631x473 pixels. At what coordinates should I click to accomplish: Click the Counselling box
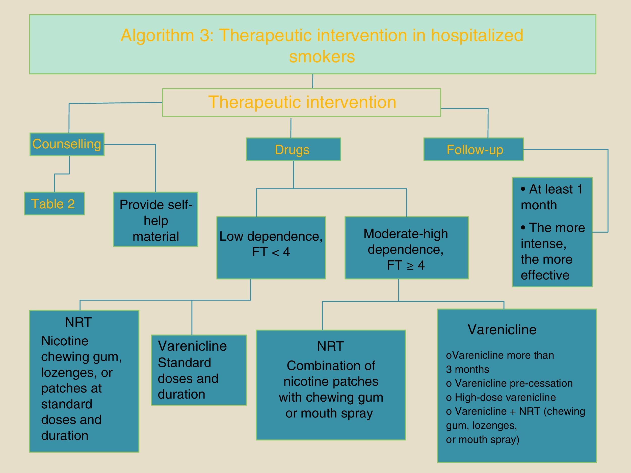pyautogui.click(x=67, y=144)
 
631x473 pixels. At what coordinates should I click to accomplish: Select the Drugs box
pyautogui.click(x=293, y=150)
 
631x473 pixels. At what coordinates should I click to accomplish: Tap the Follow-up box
pyautogui.click(x=474, y=150)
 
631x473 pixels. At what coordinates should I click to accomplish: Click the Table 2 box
pyautogui.click(x=54, y=204)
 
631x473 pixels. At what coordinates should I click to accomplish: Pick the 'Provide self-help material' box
pyautogui.click(x=155, y=219)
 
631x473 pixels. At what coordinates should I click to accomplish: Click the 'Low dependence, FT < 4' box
pyautogui.click(x=271, y=247)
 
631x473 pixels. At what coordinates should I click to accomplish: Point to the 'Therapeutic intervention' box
pyautogui.click(x=302, y=102)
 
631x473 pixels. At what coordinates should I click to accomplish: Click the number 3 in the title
pyautogui.click(x=204, y=36)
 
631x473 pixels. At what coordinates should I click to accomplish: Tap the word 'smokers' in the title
pyautogui.click(x=322, y=57)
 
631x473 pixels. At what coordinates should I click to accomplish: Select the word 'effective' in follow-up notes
pyautogui.click(x=545, y=275)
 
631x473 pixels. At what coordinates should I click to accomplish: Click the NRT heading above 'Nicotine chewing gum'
pyautogui.click(x=78, y=322)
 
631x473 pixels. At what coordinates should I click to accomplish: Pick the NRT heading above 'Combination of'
pyautogui.click(x=330, y=346)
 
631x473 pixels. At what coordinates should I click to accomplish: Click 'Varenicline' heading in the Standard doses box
pyautogui.click(x=192, y=346)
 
